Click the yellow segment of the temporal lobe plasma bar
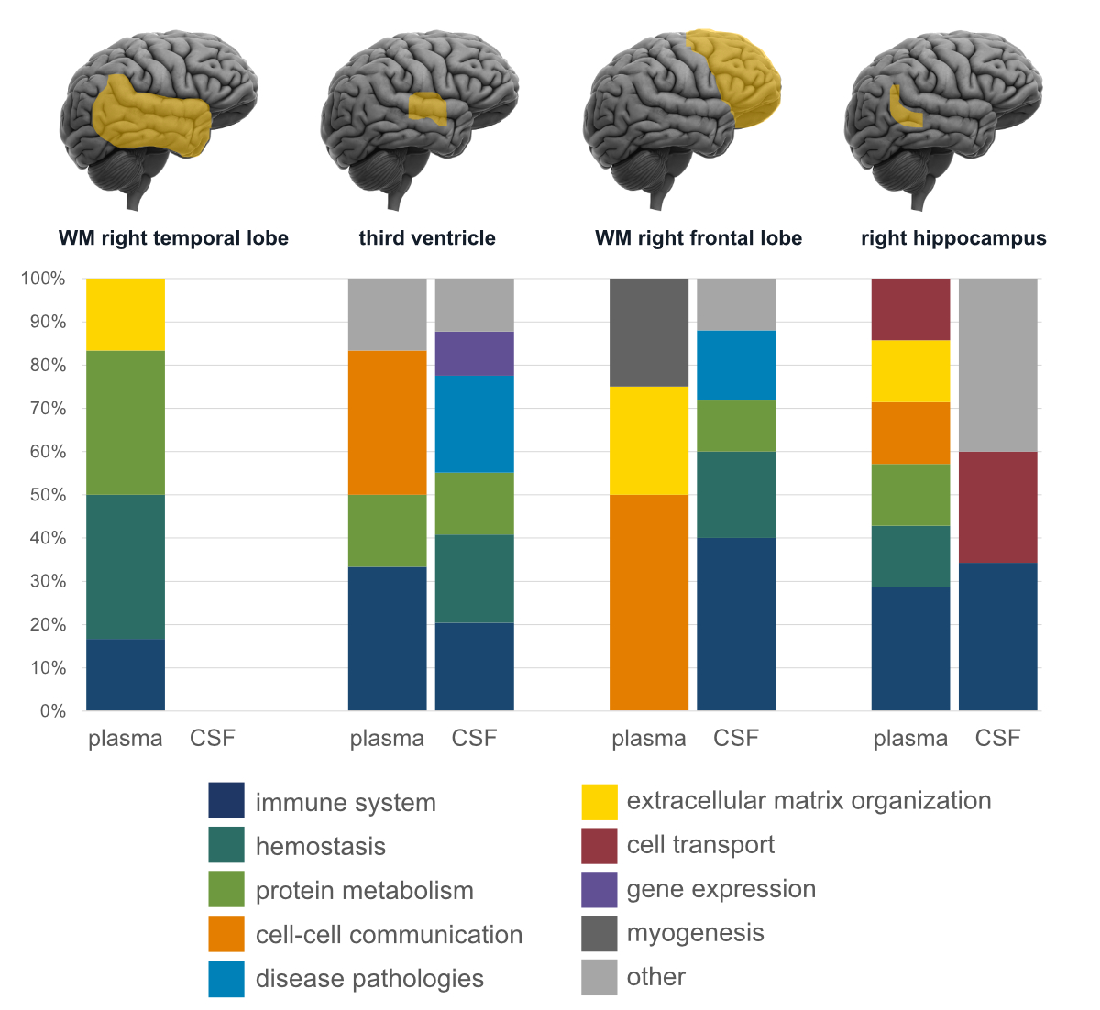(x=126, y=314)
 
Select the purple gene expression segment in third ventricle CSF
(x=474, y=353)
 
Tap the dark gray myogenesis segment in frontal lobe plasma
(x=649, y=332)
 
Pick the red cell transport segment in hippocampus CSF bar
(x=998, y=507)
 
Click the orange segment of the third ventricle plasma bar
(x=387, y=423)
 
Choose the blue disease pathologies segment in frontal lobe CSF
(x=736, y=365)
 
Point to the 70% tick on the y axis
(x=43, y=408)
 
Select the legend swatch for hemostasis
(x=226, y=845)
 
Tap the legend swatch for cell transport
(x=599, y=845)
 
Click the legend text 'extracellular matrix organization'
(x=808, y=801)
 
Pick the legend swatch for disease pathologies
(x=226, y=979)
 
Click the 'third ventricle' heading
(x=427, y=238)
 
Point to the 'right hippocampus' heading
(x=953, y=238)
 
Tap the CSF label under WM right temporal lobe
(x=213, y=739)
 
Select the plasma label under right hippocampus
(x=910, y=739)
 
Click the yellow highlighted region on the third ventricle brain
(x=427, y=108)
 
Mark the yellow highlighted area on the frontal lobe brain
(x=738, y=78)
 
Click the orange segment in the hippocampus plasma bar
(x=910, y=433)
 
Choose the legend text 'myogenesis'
(x=695, y=933)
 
